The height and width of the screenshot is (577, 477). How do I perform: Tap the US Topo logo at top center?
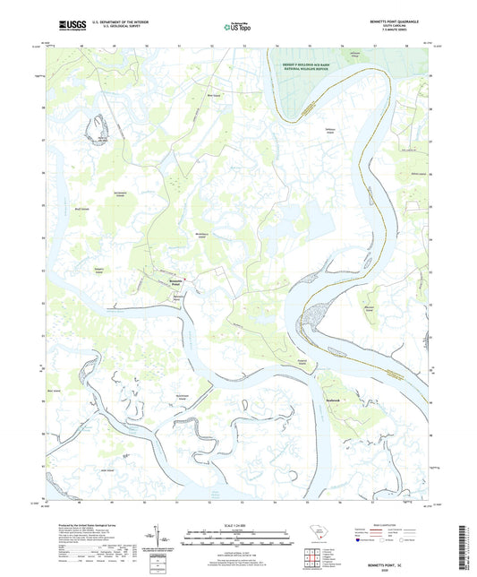[235, 28]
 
